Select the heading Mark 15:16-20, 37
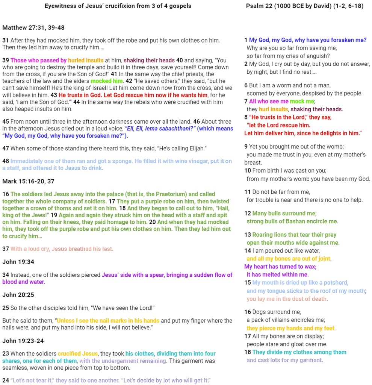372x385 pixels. [x=28, y=181]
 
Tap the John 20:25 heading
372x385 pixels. [x=18, y=295]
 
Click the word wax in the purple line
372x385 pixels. [x=310, y=267]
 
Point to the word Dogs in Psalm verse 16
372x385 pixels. [x=259, y=312]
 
